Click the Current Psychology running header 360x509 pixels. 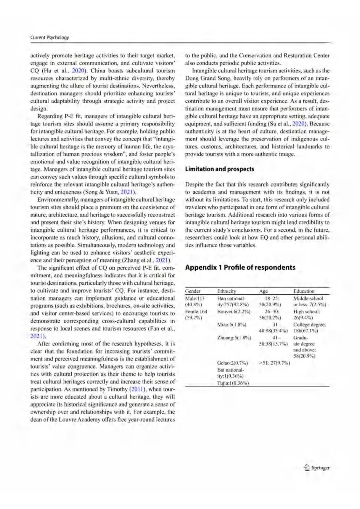click(49, 38)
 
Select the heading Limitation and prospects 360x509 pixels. click(220, 169)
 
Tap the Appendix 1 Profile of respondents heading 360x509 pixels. click(240, 267)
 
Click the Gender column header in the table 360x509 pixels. click(193, 291)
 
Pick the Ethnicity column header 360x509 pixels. click(227, 291)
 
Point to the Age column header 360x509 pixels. click(263, 291)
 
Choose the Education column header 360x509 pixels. click(304, 291)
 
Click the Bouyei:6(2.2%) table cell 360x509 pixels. click(234, 311)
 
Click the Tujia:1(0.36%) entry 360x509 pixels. click(233, 383)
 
